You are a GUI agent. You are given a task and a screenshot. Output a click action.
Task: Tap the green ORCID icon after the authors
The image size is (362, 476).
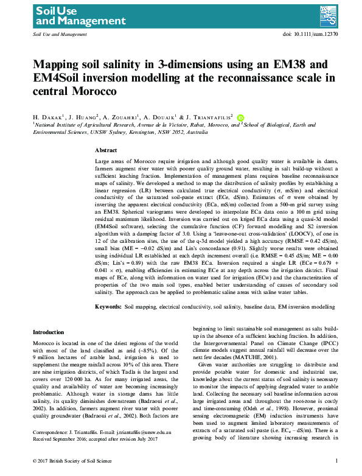coord(240,116)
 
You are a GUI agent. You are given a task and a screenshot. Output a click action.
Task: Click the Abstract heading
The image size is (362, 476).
coord(106,150)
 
